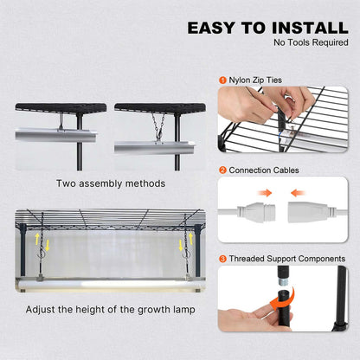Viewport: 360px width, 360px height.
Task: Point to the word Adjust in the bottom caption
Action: click(x=42, y=309)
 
